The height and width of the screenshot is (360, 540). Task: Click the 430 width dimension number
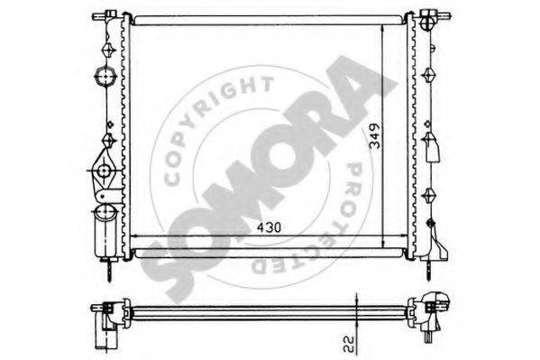point(270,226)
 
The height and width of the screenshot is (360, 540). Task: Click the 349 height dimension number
point(375,135)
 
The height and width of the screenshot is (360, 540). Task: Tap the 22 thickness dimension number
point(349,345)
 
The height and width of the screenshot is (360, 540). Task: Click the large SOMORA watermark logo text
point(269,180)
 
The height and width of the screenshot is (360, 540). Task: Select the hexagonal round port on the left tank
point(104,77)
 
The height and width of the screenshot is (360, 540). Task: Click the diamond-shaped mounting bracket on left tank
point(104,171)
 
